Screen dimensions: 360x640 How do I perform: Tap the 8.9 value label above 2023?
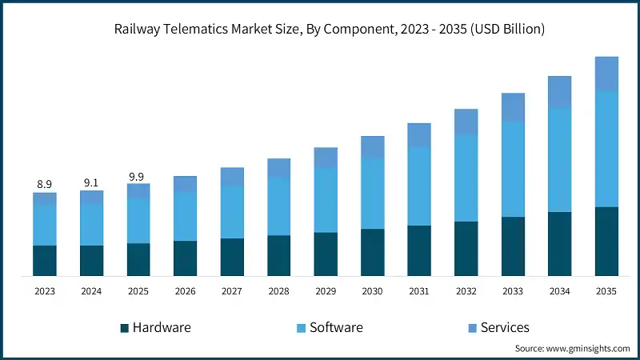[45, 185]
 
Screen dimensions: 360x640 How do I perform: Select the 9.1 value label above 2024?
[91, 182]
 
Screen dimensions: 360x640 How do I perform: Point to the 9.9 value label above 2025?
[138, 176]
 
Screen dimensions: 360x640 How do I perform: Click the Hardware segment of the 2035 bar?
[606, 242]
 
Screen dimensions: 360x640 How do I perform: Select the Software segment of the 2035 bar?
[606, 149]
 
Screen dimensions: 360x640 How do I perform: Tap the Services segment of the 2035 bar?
[606, 74]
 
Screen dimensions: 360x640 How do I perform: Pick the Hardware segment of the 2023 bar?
[45, 261]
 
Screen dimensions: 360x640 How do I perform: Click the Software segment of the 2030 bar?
[373, 193]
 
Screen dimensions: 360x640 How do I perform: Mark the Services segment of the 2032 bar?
[466, 122]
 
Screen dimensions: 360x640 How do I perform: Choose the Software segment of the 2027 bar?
[232, 212]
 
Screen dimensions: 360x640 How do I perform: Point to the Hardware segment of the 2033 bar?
[513, 246]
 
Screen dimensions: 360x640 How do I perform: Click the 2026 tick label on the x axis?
[185, 292]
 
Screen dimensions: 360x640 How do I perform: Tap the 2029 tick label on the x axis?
[326, 292]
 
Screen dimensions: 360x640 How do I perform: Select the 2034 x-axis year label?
[560, 292]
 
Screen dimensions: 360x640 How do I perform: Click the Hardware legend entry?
[155, 327]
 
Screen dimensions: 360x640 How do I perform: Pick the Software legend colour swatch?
[302, 328]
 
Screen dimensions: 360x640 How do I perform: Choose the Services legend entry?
[496, 327]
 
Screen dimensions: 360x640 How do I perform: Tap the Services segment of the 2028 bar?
[278, 168]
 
